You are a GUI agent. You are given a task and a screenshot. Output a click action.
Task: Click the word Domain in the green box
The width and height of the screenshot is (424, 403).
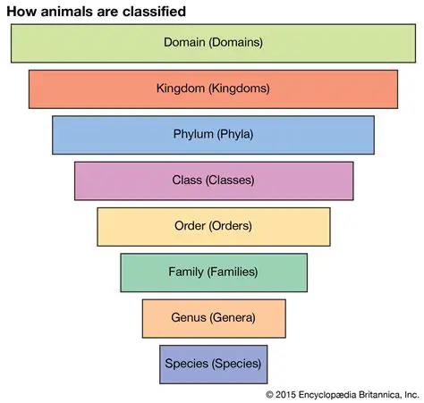[183, 42]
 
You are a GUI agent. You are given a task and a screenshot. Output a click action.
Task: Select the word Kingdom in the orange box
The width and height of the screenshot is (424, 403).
[182, 88]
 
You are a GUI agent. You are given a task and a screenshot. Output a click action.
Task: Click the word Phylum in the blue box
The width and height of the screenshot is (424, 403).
[193, 135]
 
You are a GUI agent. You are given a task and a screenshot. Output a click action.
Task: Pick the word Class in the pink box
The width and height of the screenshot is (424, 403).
[186, 181]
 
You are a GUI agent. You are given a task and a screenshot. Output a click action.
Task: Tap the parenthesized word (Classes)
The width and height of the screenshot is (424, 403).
[230, 181]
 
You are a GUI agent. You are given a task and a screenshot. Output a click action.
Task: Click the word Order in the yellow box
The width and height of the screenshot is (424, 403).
[189, 226]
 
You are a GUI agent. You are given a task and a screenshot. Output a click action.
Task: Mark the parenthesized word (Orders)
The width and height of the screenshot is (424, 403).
[231, 226]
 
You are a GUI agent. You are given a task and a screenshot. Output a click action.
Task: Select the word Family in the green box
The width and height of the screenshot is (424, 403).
[186, 272]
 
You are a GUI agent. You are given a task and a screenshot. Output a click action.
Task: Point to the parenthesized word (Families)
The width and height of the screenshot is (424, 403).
[233, 272]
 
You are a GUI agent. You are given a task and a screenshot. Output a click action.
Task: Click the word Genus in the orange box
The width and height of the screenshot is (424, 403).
[188, 317]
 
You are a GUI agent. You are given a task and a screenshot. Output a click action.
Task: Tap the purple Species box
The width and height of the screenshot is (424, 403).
[213, 364]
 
